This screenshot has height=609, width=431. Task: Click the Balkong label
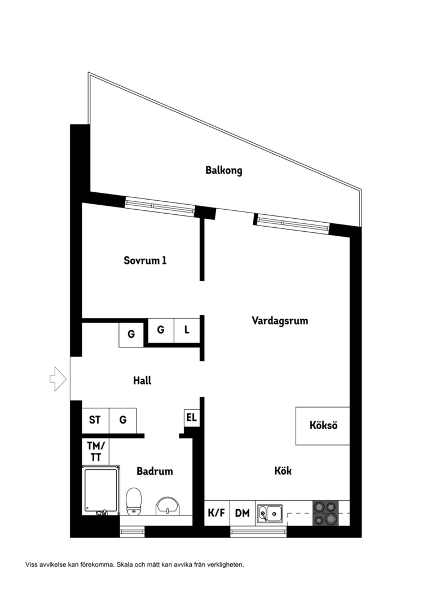click(224, 170)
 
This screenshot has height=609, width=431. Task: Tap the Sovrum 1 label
click(145, 260)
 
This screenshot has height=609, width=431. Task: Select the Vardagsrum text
click(280, 321)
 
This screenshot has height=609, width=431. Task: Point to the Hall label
click(142, 381)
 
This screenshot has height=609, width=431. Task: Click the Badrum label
click(155, 471)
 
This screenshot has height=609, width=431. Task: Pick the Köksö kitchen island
click(323, 426)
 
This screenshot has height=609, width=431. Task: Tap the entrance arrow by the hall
click(58, 379)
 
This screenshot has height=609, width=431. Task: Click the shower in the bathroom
click(101, 490)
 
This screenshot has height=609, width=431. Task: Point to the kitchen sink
click(270, 513)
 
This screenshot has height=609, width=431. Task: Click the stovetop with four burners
click(326, 513)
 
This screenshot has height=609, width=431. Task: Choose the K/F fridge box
click(217, 513)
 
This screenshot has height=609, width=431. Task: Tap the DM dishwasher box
click(243, 513)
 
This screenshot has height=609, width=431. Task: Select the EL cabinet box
click(192, 418)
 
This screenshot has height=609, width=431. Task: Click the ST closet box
click(95, 420)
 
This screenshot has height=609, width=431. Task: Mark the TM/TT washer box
click(95, 452)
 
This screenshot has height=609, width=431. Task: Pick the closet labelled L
click(187, 330)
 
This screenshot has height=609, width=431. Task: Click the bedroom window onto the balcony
click(160, 206)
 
